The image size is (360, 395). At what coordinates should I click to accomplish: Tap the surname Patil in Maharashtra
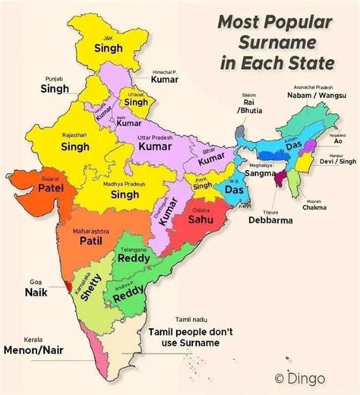[92, 242]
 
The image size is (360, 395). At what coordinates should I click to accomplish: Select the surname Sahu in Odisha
[200, 220]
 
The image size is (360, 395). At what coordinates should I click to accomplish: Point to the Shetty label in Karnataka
[90, 287]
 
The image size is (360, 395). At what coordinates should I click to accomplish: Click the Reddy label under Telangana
[137, 259]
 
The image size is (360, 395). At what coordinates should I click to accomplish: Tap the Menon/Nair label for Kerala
[33, 350]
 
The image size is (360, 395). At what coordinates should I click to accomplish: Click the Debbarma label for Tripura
[267, 221]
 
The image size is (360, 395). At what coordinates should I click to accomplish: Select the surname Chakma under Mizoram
[314, 207]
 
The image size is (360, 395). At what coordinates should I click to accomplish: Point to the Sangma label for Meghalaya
[260, 174]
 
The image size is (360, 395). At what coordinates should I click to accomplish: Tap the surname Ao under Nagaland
[339, 141]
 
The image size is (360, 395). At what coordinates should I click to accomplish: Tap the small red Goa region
[70, 286]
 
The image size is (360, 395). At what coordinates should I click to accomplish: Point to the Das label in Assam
[292, 144]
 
